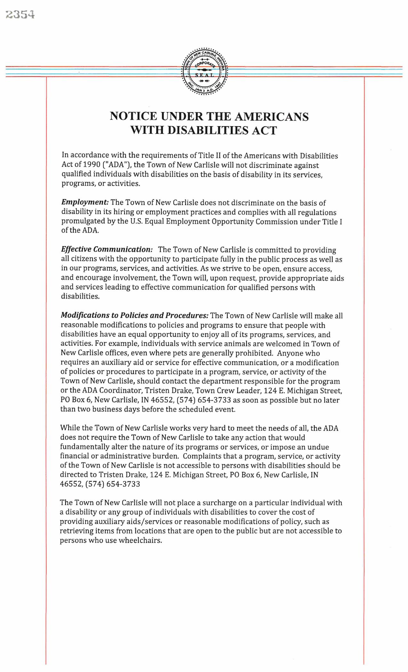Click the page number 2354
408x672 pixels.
pyautogui.click(x=20, y=15)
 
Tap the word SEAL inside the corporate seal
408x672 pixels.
pyautogui.click(x=204, y=75)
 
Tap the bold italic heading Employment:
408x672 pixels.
pyautogui.click(x=85, y=203)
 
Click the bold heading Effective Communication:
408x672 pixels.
pyautogui.click(x=107, y=250)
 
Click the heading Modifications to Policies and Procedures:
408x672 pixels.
pyautogui.click(x=134, y=316)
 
